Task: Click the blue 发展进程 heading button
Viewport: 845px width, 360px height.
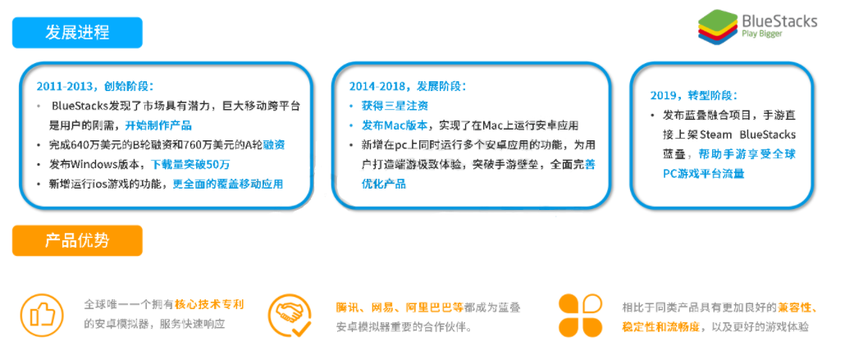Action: (x=77, y=32)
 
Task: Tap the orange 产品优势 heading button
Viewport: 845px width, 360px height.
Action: (x=77, y=240)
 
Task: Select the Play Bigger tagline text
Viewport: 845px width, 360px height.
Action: (x=762, y=34)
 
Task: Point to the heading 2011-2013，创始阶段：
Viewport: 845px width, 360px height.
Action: (x=95, y=86)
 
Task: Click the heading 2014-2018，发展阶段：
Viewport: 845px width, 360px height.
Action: (x=408, y=86)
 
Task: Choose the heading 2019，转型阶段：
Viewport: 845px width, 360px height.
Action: (x=694, y=95)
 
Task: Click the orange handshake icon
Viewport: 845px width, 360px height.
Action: (x=290, y=316)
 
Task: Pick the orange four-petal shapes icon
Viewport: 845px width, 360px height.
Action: (x=580, y=316)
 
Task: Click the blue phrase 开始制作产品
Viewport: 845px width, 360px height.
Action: (x=158, y=125)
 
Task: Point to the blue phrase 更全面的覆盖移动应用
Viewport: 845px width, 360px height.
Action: (x=228, y=184)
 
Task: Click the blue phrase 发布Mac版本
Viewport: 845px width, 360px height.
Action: (x=395, y=125)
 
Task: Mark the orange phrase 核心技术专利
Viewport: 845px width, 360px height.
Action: (x=210, y=305)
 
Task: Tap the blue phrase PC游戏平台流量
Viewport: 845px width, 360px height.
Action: (x=704, y=174)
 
